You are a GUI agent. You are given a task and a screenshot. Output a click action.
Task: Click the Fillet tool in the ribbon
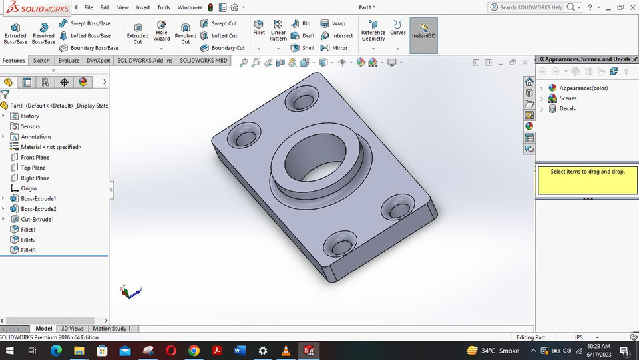pos(259,27)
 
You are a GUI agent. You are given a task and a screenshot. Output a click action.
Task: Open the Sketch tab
pos(41,61)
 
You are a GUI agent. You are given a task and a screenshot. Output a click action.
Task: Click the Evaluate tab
pos(69,61)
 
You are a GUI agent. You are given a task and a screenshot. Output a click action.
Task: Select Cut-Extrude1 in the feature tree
pos(37,219)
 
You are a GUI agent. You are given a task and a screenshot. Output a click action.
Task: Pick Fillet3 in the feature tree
pos(28,250)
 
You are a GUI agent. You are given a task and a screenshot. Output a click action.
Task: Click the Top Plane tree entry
pos(33,168)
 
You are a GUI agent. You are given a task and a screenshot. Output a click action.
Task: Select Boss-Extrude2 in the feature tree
pos(39,209)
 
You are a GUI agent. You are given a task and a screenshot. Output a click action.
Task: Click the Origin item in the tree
pos(29,188)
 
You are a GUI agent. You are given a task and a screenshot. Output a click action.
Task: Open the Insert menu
pos(143,7)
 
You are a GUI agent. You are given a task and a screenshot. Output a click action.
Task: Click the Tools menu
pos(164,7)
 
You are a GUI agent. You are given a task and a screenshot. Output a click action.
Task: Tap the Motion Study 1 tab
pos(111,329)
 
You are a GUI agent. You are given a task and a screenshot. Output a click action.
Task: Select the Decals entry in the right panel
pos(567,108)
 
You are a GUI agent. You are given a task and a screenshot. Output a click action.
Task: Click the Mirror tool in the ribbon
pos(339,48)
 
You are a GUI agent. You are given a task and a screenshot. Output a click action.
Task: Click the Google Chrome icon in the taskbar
pos(194,351)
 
